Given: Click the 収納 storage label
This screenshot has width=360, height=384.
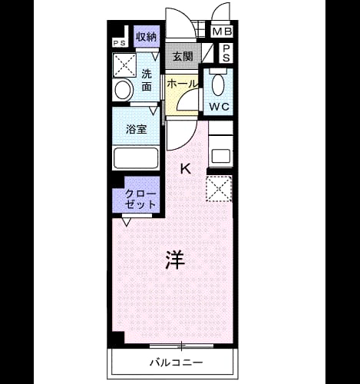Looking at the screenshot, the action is [146, 37].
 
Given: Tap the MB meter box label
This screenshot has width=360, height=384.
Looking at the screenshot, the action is [223, 31].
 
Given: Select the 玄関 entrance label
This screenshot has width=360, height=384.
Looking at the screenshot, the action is [183, 56].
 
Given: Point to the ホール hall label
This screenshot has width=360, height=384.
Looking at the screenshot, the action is [183, 84].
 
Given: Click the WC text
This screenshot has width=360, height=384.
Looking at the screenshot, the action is [220, 107].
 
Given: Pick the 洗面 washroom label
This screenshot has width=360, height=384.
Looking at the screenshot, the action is [147, 80].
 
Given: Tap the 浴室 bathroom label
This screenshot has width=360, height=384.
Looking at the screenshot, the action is [137, 129].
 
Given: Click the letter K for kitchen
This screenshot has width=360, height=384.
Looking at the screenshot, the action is [186, 169].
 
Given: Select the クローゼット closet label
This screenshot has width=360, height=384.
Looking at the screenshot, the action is [140, 199].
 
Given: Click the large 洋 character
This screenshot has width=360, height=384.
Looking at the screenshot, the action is [175, 260].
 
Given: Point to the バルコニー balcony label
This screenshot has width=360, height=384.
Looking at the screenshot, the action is [177, 362].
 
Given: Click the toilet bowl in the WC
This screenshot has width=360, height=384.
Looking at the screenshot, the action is [218, 84].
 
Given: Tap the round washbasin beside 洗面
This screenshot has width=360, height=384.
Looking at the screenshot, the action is [124, 90].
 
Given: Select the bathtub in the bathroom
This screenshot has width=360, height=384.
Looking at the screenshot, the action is [136, 157].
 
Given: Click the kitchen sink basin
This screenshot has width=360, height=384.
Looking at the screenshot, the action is [221, 156].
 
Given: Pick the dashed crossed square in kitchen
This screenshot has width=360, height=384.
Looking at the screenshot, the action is [219, 189].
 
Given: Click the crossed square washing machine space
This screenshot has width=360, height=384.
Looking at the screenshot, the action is [124, 65].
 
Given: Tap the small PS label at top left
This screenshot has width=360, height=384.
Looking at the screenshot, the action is [120, 43].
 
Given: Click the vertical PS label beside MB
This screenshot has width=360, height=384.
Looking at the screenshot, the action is [226, 53].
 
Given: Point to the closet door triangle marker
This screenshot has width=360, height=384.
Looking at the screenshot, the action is [127, 222].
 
